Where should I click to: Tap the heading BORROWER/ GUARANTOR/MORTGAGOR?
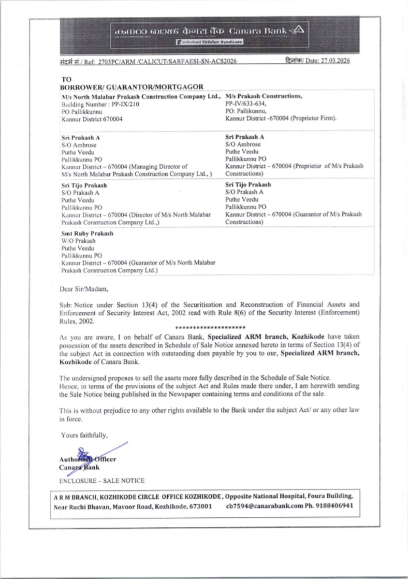[x=131, y=87]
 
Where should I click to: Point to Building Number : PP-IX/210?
[x=100, y=104]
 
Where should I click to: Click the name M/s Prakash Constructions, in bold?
[x=264, y=96]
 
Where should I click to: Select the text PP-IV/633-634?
[x=246, y=104]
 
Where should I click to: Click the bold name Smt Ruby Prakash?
[x=87, y=233]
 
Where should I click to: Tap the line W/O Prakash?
[x=78, y=241]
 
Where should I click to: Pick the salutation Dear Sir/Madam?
[x=84, y=289]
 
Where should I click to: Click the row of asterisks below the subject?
[x=210, y=328]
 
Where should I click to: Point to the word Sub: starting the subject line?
[x=65, y=305]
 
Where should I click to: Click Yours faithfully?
[x=84, y=435]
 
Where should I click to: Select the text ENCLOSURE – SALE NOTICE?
[x=102, y=481]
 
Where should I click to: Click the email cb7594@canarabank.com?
[x=264, y=506]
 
